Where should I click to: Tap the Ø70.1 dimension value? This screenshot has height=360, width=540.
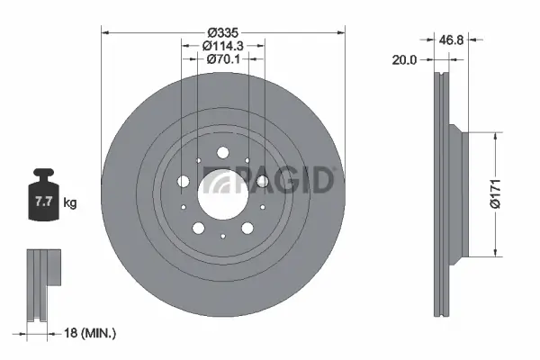click(x=221, y=58)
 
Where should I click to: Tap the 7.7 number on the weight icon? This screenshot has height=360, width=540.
click(x=42, y=203)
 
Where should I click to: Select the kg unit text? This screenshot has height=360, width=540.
click(x=70, y=203)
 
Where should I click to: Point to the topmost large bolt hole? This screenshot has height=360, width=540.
click(x=221, y=154)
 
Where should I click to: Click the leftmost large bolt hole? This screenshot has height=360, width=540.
click(x=184, y=183)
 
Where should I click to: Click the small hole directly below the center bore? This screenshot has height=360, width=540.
click(x=221, y=236)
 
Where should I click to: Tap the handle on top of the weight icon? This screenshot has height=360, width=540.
click(x=42, y=174)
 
